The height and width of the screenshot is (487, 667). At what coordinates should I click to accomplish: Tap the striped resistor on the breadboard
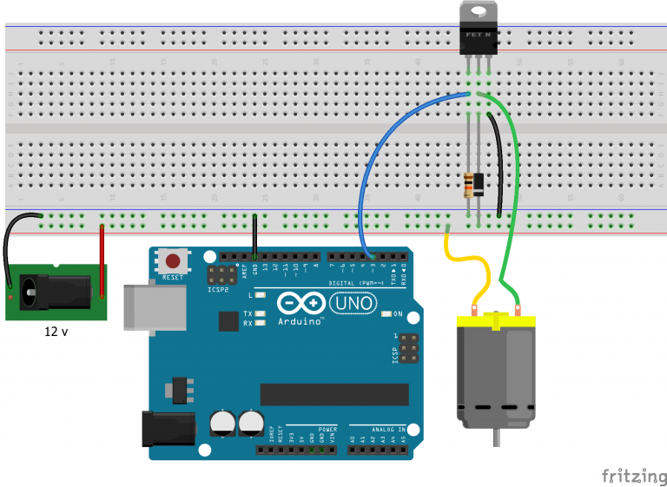[469, 183]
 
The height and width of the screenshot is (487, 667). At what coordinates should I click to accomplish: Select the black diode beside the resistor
[479, 184]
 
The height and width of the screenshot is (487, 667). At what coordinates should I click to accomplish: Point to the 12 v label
[57, 332]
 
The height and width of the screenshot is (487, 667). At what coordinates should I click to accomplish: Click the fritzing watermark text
[631, 475]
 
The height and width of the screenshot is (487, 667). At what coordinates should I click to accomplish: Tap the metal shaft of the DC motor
[496, 438]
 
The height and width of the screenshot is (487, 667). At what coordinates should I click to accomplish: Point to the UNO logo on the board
[353, 303]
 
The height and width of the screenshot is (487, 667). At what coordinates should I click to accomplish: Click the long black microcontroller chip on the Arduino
[333, 393]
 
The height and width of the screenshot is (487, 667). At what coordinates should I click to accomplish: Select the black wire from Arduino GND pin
[254, 236]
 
